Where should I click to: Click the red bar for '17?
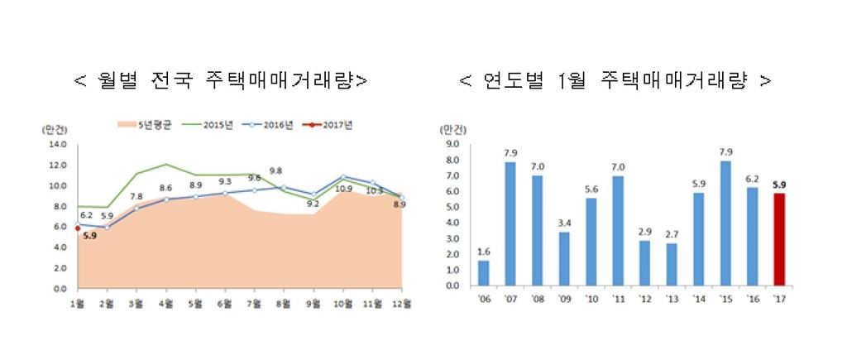(x=778, y=239)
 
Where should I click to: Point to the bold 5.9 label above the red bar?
(x=778, y=185)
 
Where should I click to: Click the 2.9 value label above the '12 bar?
(x=644, y=231)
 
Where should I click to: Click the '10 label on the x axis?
(x=591, y=299)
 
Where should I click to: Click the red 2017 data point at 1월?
(x=77, y=228)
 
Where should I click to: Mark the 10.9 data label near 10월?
(x=341, y=190)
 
